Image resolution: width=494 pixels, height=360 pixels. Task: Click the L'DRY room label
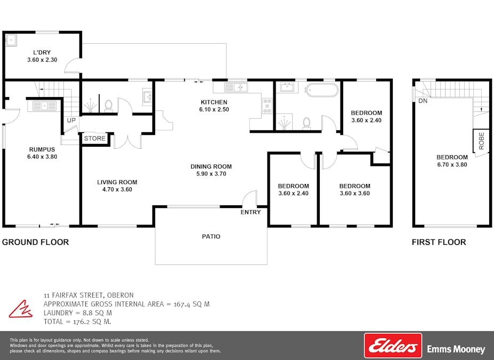(42, 53)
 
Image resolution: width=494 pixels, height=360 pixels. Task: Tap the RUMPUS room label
(42, 149)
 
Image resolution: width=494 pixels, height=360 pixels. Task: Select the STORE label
(95, 138)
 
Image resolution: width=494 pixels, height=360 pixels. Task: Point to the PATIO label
(211, 236)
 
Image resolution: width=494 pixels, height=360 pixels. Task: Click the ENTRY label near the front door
(250, 212)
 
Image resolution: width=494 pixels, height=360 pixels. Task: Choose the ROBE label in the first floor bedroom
(481, 141)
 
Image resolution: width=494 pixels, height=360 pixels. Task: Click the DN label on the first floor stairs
(423, 101)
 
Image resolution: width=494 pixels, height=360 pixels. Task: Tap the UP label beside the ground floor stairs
(71, 120)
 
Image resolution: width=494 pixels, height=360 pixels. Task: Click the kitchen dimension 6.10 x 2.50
(214, 109)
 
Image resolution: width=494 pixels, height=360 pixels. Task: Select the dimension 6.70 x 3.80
(452, 165)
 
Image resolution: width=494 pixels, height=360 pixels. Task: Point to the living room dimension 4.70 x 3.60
(117, 189)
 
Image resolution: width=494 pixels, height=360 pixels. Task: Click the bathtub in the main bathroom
(322, 90)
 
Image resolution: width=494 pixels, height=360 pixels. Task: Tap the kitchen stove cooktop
(267, 106)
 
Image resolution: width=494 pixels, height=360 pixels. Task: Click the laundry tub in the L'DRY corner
(12, 41)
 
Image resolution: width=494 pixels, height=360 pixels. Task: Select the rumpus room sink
(42, 105)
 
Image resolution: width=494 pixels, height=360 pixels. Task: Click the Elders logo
(393, 346)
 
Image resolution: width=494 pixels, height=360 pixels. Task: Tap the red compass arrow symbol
(21, 309)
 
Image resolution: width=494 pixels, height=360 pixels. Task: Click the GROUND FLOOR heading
(35, 242)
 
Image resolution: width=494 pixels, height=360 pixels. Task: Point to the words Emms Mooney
(456, 349)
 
